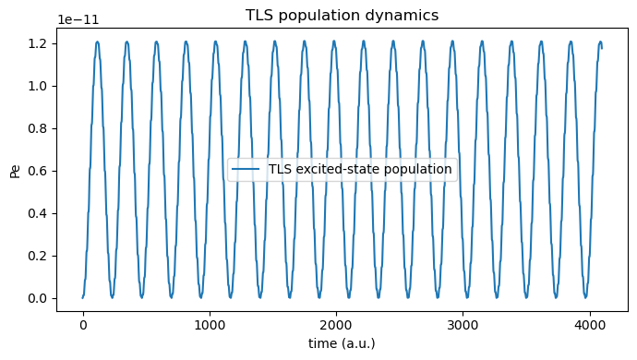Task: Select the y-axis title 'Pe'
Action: [15, 170]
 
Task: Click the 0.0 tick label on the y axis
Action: [37, 298]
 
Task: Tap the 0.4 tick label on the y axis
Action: [37, 213]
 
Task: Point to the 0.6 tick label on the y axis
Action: [37, 171]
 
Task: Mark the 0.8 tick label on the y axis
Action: [37, 128]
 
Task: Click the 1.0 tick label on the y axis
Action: [37, 86]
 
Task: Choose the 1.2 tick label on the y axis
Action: [37, 43]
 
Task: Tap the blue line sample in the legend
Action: [246, 169]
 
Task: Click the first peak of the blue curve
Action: [97, 42]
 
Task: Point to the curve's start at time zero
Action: [83, 297]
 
